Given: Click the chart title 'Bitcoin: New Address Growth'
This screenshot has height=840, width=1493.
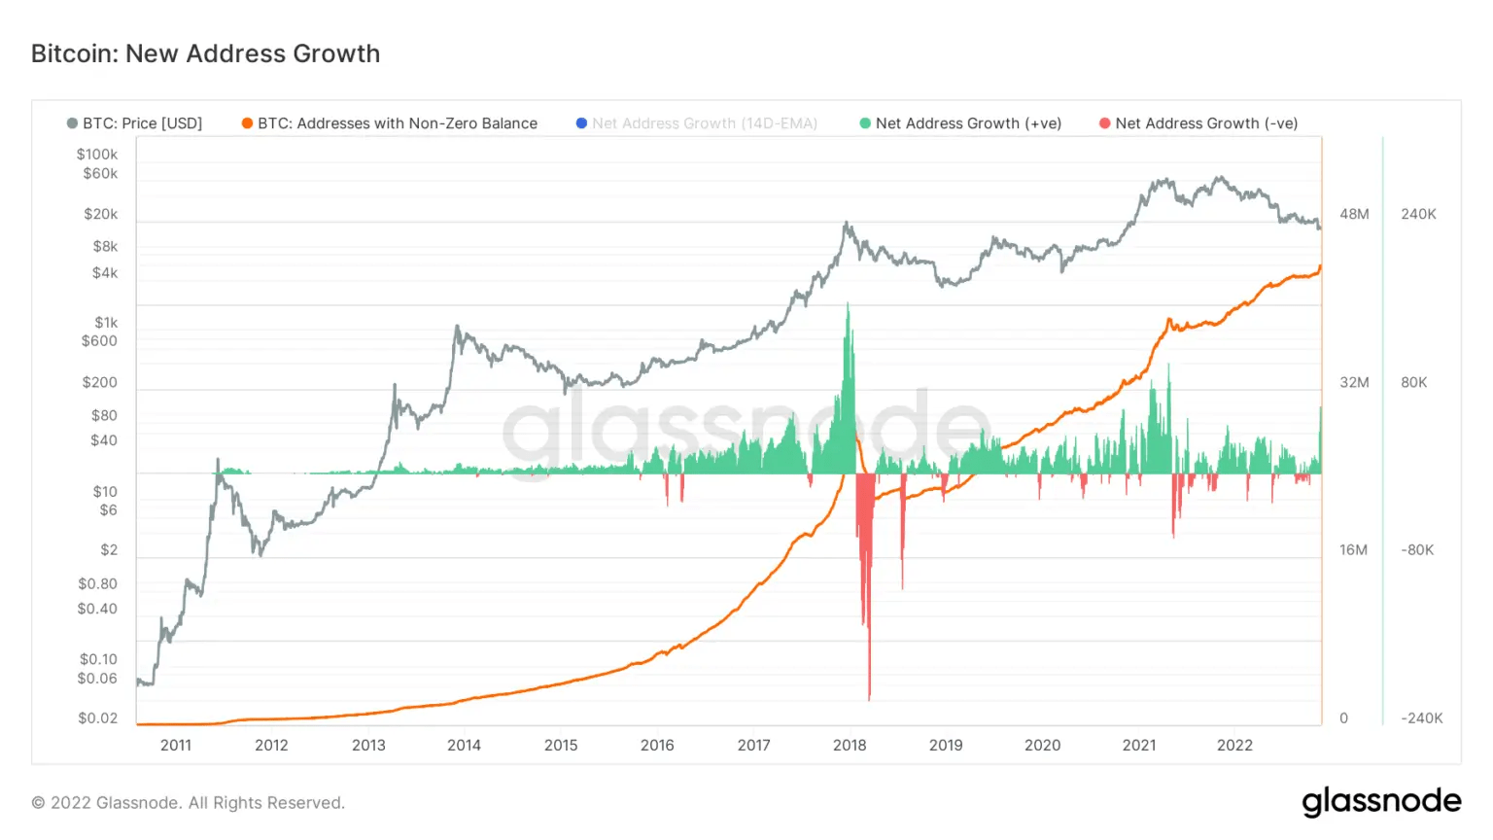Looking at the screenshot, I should (x=205, y=53).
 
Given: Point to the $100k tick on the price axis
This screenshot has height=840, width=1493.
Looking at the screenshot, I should (x=97, y=154).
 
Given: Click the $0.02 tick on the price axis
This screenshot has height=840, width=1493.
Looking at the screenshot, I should (x=97, y=718).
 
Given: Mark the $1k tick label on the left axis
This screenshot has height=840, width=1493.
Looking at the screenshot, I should (x=105, y=323).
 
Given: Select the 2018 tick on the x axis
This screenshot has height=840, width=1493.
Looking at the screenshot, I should (x=850, y=746).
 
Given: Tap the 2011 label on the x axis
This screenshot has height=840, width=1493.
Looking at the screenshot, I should (x=176, y=746).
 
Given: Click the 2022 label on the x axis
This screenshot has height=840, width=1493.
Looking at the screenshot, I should (x=1234, y=746).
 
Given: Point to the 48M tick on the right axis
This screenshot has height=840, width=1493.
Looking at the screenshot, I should (x=1354, y=214).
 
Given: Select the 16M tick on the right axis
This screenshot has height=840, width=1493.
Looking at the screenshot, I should (x=1353, y=550).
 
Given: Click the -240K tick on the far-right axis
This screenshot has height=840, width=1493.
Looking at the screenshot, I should (x=1421, y=718).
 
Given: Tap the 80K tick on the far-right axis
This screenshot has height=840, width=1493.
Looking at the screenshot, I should (x=1414, y=383).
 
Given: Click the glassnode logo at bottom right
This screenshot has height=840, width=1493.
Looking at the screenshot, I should (x=1381, y=802).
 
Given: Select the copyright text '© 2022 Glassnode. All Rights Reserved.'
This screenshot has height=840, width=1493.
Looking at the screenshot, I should (x=189, y=803).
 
